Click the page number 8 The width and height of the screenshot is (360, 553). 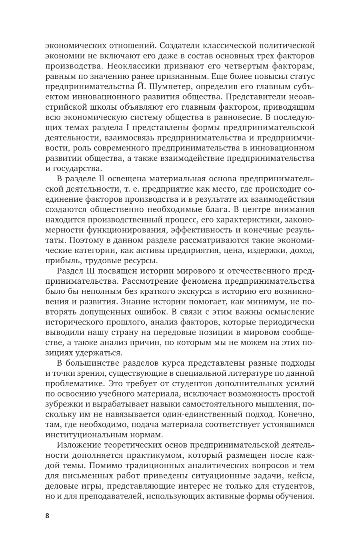pos(47,516)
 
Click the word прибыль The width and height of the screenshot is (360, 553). pos(62,261)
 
